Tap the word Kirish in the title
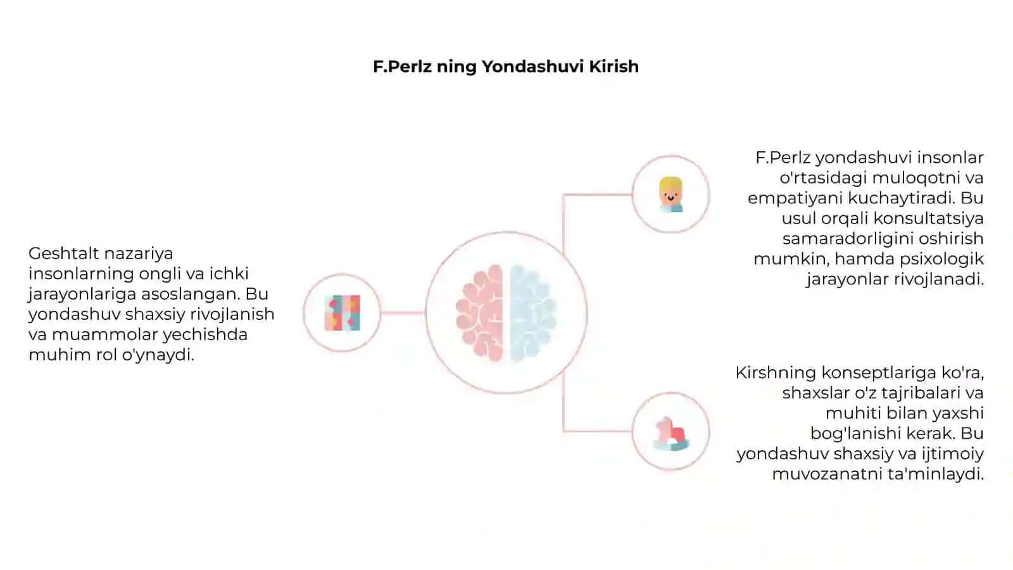click(x=613, y=66)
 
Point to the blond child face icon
click(x=670, y=194)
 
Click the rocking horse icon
click(x=671, y=434)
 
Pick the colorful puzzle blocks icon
click(x=343, y=313)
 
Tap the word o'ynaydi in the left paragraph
click(x=158, y=355)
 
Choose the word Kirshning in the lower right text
click(x=776, y=373)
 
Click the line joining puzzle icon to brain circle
click(x=403, y=313)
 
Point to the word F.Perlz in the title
click(x=401, y=66)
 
